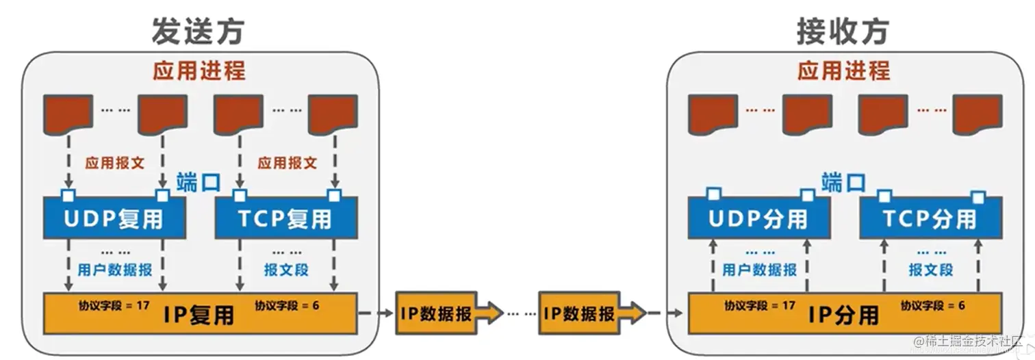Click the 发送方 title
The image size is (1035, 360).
tap(198, 31)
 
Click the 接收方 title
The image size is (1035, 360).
tap(843, 31)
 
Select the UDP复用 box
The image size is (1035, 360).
tap(114, 218)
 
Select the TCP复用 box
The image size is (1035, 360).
tap(285, 218)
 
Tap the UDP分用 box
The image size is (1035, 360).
tap(758, 218)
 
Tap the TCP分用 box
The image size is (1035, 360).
tap(930, 218)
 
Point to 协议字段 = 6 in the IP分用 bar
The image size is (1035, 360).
tap(932, 305)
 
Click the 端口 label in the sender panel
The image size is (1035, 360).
tap(198, 183)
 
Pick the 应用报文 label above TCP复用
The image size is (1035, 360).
tap(287, 164)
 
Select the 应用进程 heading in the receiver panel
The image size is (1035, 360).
tap(843, 70)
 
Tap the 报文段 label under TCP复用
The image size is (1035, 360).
tap(286, 270)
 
